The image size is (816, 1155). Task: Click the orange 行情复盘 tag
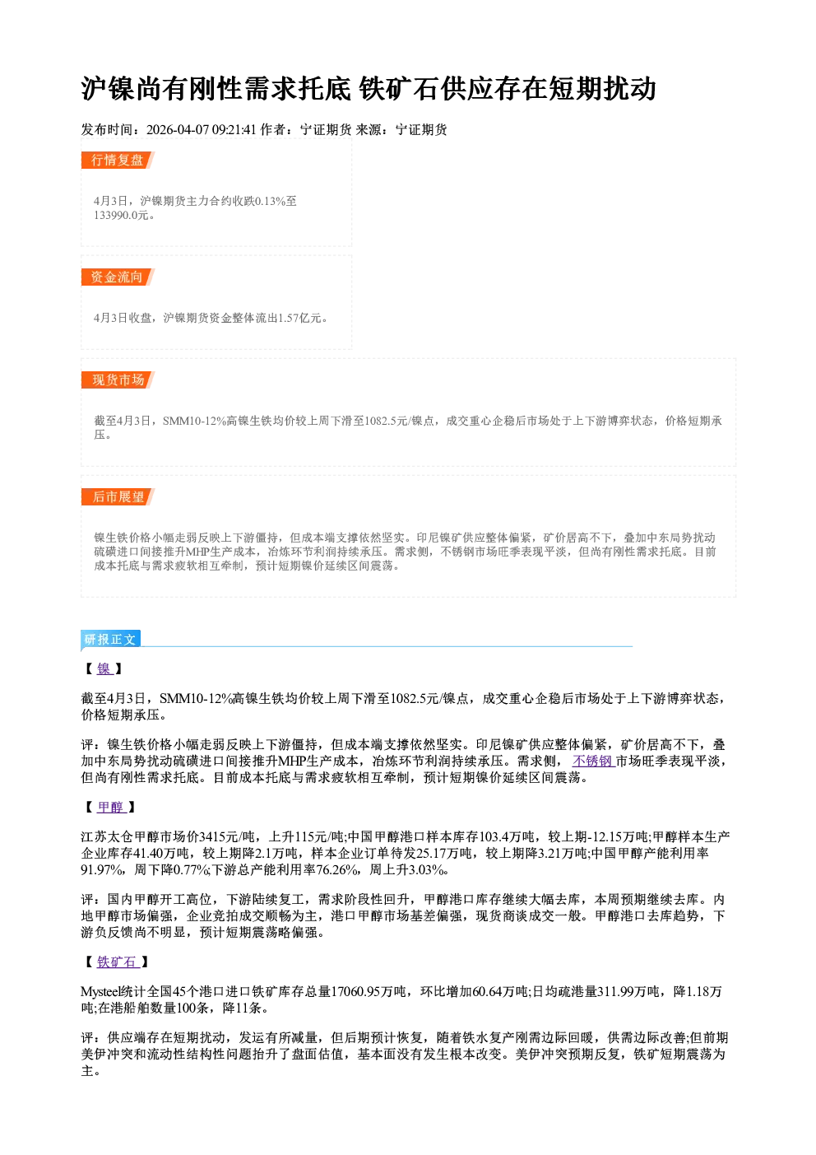(118, 160)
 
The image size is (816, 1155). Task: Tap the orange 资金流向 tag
(118, 277)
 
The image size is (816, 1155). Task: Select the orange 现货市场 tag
(118, 380)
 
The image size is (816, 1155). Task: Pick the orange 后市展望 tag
(118, 496)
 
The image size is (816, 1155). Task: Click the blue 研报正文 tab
(110, 640)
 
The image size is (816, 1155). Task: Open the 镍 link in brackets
(104, 668)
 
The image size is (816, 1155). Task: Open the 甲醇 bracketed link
(111, 807)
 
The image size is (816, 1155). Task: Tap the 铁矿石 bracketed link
(118, 962)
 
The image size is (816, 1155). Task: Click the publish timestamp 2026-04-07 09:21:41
(202, 130)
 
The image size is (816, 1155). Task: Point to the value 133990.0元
(121, 216)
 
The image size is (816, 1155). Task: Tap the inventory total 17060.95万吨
(369, 991)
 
